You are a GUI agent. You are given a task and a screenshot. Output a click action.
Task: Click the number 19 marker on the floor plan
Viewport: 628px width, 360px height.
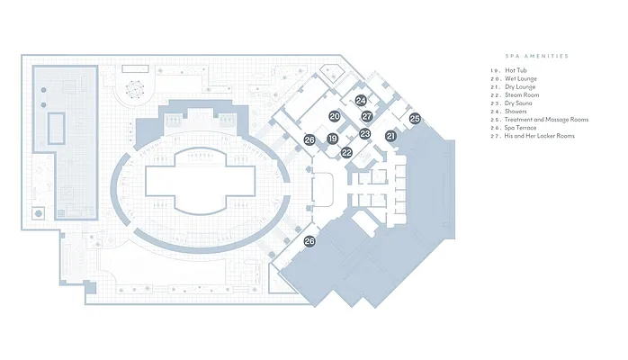click(x=333, y=139)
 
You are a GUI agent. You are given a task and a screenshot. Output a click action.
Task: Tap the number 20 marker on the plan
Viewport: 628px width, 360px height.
click(x=334, y=116)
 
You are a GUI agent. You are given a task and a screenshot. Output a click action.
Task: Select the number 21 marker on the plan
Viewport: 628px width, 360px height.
click(x=390, y=135)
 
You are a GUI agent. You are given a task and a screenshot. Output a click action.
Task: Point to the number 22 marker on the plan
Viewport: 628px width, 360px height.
click(x=347, y=153)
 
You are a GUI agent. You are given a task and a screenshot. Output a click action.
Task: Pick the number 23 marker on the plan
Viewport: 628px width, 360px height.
click(x=364, y=133)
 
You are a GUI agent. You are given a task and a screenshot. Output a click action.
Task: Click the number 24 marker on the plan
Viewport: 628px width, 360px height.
click(x=361, y=101)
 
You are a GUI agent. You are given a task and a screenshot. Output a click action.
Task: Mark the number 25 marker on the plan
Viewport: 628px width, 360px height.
click(x=415, y=118)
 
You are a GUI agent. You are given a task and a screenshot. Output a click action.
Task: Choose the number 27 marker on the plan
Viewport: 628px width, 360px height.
click(x=367, y=116)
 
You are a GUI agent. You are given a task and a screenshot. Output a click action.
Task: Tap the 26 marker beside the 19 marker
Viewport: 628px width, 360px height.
click(x=310, y=139)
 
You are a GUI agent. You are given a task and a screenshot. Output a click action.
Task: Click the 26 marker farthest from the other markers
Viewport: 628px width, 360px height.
click(x=310, y=241)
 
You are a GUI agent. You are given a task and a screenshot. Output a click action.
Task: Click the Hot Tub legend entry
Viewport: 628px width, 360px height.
click(x=516, y=70)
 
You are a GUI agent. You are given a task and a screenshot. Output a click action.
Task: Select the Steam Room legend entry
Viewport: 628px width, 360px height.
click(x=521, y=94)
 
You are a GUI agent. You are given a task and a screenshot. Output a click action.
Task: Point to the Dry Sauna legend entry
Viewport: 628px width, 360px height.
click(x=520, y=103)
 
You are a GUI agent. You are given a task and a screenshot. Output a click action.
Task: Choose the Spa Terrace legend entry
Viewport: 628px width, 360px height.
click(x=521, y=128)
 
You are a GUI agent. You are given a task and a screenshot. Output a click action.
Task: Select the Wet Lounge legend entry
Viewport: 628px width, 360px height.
click(x=520, y=78)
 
